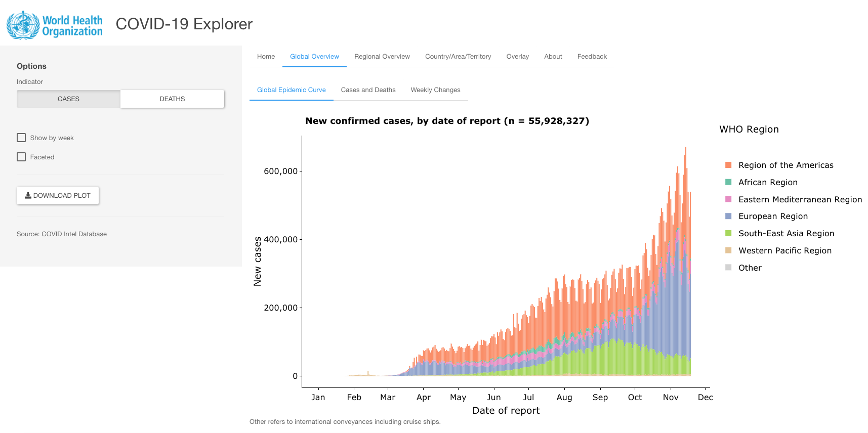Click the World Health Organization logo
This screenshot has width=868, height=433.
pos(55,25)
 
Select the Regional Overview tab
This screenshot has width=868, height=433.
pos(382,57)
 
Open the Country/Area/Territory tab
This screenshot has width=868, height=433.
pos(458,57)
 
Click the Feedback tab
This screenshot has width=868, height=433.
pos(592,57)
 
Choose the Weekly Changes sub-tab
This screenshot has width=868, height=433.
pos(435,90)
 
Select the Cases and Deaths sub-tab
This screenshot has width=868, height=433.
pos(368,90)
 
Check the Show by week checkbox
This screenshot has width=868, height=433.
pos(21,138)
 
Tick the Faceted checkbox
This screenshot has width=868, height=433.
pos(21,157)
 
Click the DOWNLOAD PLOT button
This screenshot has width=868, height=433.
pos(58,196)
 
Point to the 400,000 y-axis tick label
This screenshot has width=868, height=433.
pos(280,240)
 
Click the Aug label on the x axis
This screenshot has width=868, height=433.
pos(564,398)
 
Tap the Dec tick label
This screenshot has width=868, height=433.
pos(705,398)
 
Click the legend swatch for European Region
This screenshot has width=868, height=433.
pos(728,216)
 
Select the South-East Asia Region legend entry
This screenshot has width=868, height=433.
pos(786,234)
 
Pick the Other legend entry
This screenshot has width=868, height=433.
pos(750,268)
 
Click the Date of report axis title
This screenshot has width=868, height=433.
pos(506,411)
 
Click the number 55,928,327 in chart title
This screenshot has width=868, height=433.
pos(558,121)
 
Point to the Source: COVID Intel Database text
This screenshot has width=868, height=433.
pos(62,234)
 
